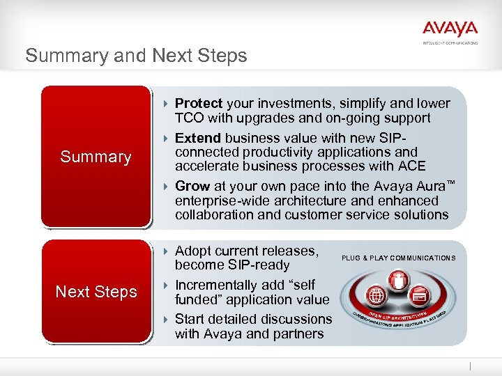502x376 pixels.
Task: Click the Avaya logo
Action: [450, 29]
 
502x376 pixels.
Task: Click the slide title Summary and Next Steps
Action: [136, 56]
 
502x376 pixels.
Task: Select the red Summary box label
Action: [96, 157]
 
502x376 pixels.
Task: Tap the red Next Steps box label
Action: [96, 292]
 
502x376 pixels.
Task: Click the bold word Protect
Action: [199, 104]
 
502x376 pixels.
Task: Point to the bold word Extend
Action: [198, 138]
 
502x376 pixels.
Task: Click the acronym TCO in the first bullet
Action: [189, 118]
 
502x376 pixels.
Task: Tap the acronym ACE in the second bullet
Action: [411, 166]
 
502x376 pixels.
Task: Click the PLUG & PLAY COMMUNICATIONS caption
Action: [398, 258]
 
